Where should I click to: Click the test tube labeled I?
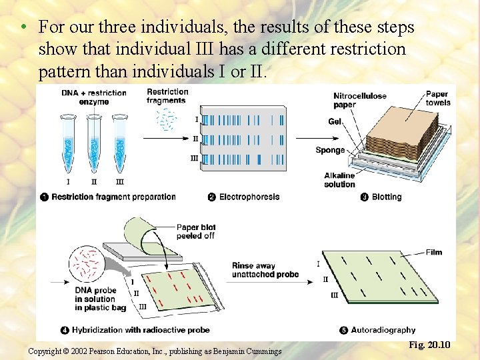coord(69,143)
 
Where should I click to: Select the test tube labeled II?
coord(94,143)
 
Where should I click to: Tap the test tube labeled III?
coord(120,143)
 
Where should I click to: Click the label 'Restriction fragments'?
coord(167,96)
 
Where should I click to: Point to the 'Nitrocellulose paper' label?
coord(360,100)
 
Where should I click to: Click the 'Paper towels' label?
coord(438,98)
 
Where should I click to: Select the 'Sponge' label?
coord(330,150)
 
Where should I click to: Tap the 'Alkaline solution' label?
coord(339,180)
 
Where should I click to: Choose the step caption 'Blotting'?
coord(387,197)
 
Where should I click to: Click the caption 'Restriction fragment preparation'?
coord(113,197)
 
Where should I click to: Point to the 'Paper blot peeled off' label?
coord(196,231)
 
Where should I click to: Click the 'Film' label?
coord(434,252)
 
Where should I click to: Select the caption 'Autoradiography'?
coord(383,330)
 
